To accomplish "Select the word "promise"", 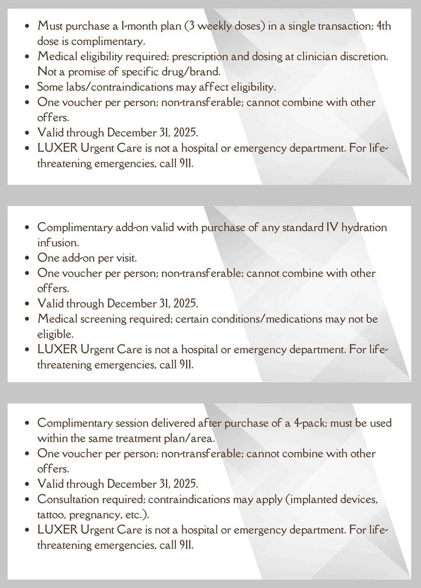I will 85,72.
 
